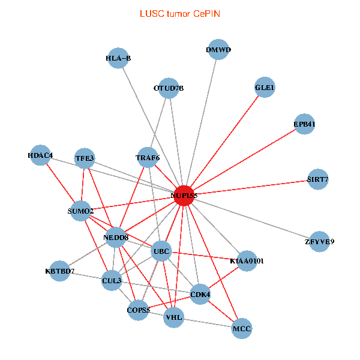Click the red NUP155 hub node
pos(184,196)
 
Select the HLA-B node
pos(118,58)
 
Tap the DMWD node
pos(218,50)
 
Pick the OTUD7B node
pos(169,88)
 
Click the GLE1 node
pos(265,87)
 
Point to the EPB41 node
pos(304,124)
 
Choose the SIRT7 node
pos(318,179)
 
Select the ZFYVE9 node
pos(319,242)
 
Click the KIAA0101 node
pos(247,261)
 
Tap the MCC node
pos(242,329)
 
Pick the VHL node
pos(174,317)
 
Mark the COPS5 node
pos(138,310)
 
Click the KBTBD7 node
pos(59,271)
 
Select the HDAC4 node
pos(40,155)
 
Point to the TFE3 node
pos(85,158)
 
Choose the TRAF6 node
pos(148,157)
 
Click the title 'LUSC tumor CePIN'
pos(180,14)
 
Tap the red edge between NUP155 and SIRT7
pos(251,188)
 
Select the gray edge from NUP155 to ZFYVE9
pos(251,218)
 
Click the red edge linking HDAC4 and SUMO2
pos(61,183)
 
